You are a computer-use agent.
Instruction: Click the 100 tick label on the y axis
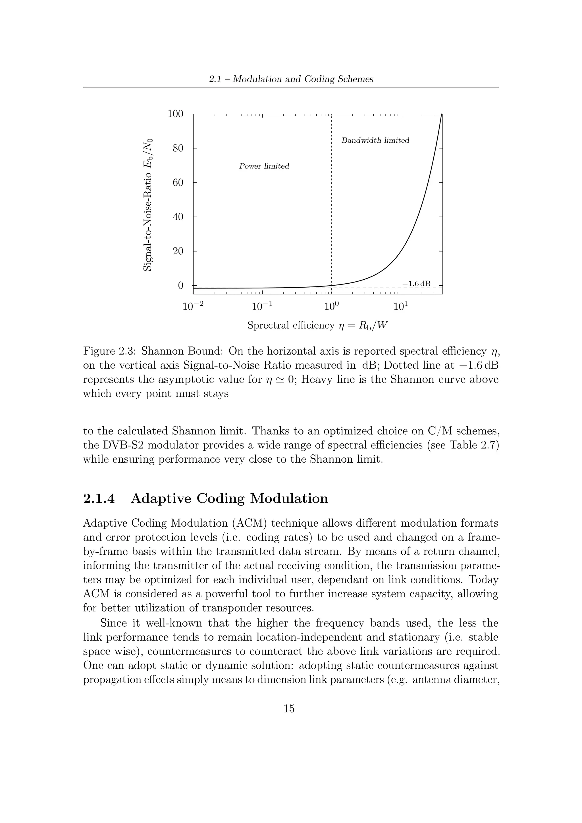pos(175,114)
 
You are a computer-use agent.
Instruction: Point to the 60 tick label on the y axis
pos(178,183)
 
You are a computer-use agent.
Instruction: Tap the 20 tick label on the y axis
pos(178,251)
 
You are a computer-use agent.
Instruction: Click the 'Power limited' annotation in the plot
pos(264,166)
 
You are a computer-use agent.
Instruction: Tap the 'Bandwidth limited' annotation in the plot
pos(375,140)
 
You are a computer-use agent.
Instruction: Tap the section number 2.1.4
pos(99,499)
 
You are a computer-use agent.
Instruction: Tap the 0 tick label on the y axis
pos(180,286)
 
